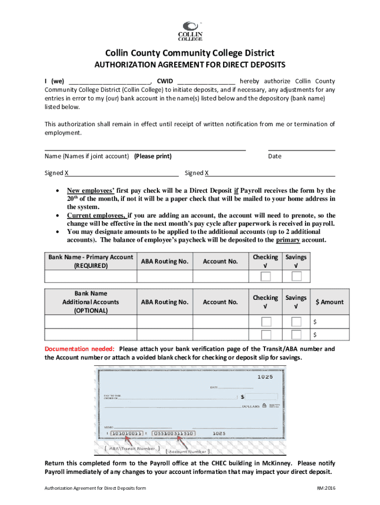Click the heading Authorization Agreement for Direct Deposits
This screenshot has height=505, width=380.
point(190,65)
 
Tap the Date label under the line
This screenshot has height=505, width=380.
point(274,156)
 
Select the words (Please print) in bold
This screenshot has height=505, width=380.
point(152,156)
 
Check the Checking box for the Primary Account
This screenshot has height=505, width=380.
point(266,276)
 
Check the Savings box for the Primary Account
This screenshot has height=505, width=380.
point(296,276)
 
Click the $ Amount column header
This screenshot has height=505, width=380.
point(330,302)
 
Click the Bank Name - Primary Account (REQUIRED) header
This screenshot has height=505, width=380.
point(90,261)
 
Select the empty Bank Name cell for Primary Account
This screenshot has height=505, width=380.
point(90,276)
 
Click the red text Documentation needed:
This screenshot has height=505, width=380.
point(80,349)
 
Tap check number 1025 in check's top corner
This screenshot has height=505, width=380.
point(265,377)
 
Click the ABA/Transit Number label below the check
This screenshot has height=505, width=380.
point(130,449)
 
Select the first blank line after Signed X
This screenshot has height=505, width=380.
point(123,173)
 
